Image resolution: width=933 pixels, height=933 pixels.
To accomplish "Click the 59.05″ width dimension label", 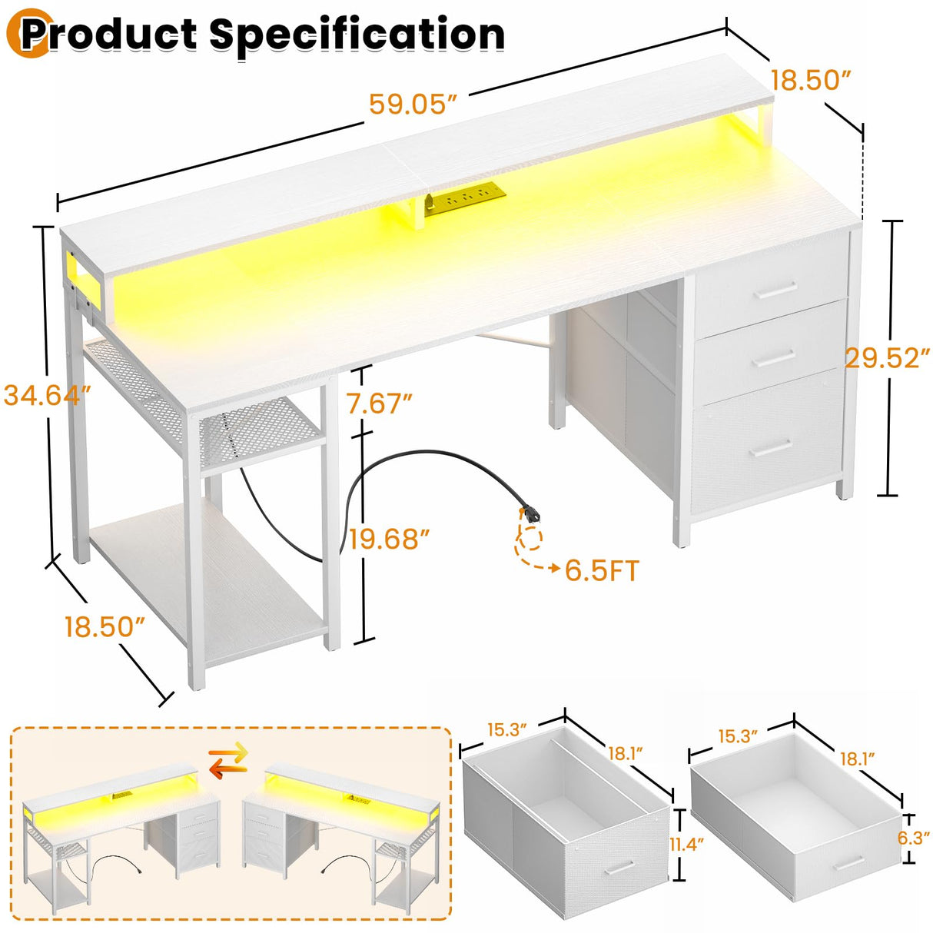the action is click(413, 105).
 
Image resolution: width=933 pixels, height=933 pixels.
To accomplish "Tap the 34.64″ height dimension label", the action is click(48, 395).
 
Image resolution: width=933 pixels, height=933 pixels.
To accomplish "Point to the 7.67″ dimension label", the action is click(380, 403).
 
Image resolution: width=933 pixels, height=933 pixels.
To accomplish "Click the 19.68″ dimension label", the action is click(390, 539).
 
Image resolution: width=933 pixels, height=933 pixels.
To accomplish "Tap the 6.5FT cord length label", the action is click(602, 570).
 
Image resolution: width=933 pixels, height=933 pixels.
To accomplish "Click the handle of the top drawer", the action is click(777, 290).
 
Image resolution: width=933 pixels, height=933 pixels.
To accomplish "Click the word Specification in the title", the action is click(357, 35).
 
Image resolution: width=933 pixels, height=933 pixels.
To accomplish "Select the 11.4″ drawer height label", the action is click(687, 845).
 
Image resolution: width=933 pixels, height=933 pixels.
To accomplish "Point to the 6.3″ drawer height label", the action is click(914, 838).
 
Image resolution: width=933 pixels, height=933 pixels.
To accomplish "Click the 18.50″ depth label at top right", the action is click(811, 81).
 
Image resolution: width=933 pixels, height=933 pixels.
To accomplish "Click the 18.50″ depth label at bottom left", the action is click(105, 626).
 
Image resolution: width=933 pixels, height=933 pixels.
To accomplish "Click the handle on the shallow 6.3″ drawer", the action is click(850, 862).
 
